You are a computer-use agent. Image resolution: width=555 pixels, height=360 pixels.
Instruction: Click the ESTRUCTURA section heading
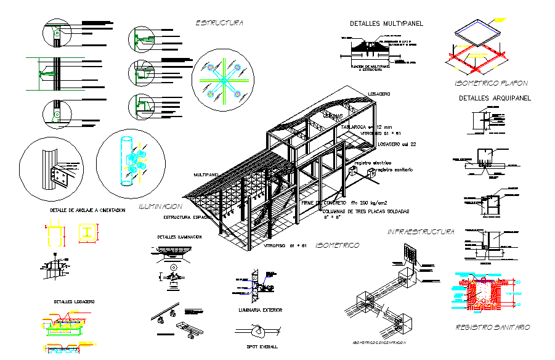coord(219,23)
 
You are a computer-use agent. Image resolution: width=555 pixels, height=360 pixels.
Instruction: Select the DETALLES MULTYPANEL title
coord(386,23)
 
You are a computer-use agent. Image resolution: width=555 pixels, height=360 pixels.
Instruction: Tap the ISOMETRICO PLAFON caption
coord(490,83)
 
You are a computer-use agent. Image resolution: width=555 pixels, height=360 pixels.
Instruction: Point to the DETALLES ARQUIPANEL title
coord(495,98)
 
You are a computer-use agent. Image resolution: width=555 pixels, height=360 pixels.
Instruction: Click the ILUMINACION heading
coord(160,207)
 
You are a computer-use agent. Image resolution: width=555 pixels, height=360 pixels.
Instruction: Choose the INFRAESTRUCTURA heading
coord(421,232)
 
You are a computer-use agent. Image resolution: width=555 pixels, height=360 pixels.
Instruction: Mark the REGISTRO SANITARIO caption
coord(492,327)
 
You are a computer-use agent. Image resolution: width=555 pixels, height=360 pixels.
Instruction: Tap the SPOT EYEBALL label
coord(259,347)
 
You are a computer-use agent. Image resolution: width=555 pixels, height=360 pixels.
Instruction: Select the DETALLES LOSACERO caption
coord(74,301)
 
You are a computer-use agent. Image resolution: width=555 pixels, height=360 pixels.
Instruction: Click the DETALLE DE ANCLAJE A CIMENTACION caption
coord(87,210)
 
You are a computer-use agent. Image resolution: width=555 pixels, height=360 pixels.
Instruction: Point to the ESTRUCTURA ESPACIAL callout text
coord(188,217)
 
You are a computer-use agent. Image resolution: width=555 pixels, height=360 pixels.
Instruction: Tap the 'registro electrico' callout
coord(377,163)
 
